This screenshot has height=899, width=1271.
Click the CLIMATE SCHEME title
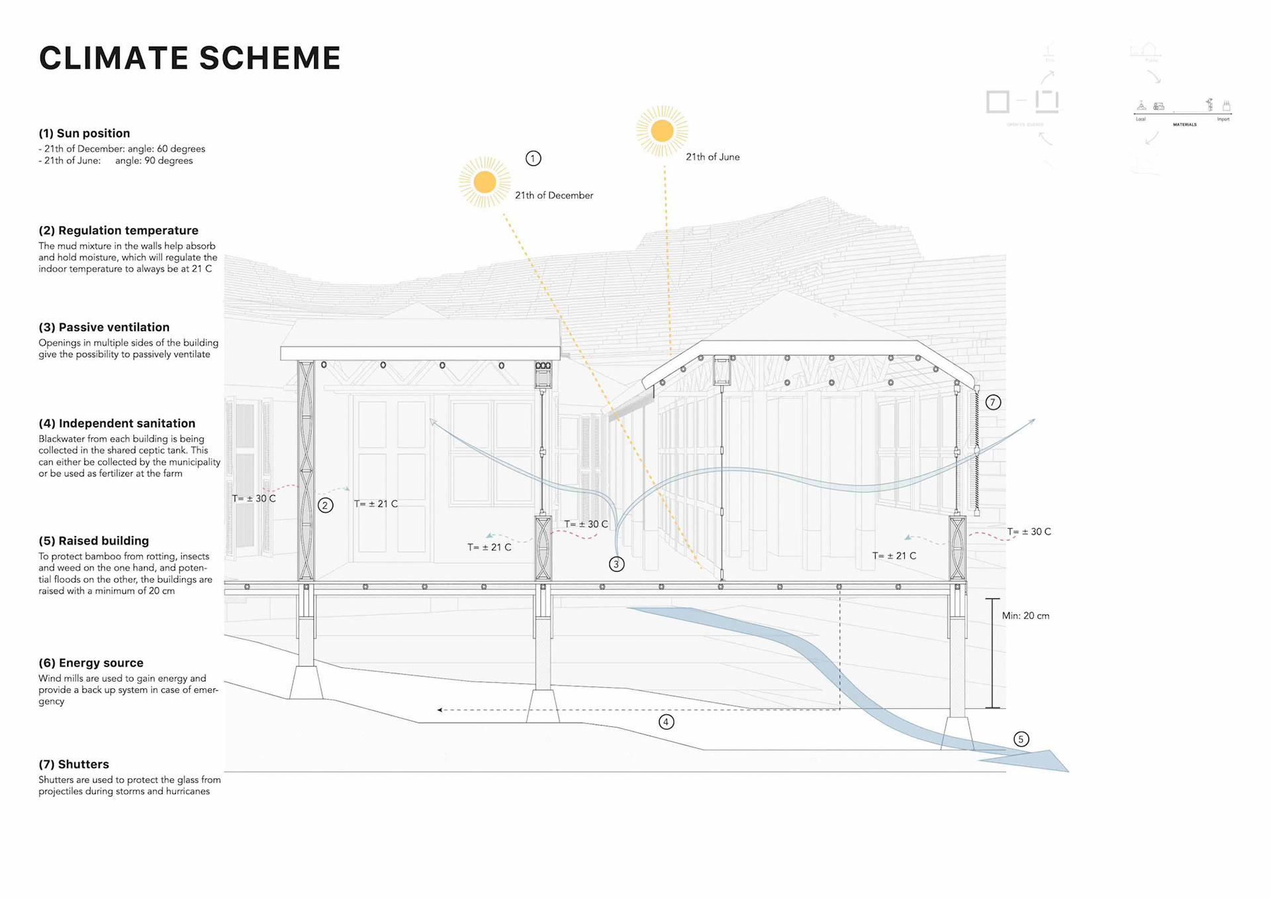pyautogui.click(x=190, y=58)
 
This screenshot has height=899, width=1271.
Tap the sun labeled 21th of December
pyautogui.click(x=485, y=182)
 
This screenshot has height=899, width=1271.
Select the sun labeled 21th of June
pyautogui.click(x=662, y=131)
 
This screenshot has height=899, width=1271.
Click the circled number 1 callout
pyautogui.click(x=533, y=158)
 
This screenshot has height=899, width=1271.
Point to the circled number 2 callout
pyautogui.click(x=325, y=505)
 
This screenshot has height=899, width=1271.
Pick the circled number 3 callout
pyautogui.click(x=616, y=564)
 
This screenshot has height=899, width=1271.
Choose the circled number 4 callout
pyautogui.click(x=666, y=722)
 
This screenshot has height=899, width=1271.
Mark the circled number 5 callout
pyautogui.click(x=1021, y=739)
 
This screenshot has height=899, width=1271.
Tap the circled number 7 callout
pyautogui.click(x=992, y=402)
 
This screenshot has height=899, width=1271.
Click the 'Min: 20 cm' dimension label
pyautogui.click(x=1025, y=616)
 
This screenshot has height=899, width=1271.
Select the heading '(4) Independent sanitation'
pyautogui.click(x=117, y=423)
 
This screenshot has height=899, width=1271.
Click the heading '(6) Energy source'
pyautogui.click(x=91, y=663)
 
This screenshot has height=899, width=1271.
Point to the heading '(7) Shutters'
pyautogui.click(x=73, y=765)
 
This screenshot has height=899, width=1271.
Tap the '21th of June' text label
pyautogui.click(x=712, y=157)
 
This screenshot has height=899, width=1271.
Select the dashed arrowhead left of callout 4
pyautogui.click(x=440, y=710)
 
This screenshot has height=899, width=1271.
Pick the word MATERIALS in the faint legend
pyautogui.click(x=1184, y=125)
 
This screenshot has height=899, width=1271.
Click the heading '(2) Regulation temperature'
pyautogui.click(x=118, y=231)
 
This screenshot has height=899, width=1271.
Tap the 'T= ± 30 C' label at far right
pyautogui.click(x=1029, y=532)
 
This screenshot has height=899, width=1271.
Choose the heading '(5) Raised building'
pyautogui.click(x=93, y=541)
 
